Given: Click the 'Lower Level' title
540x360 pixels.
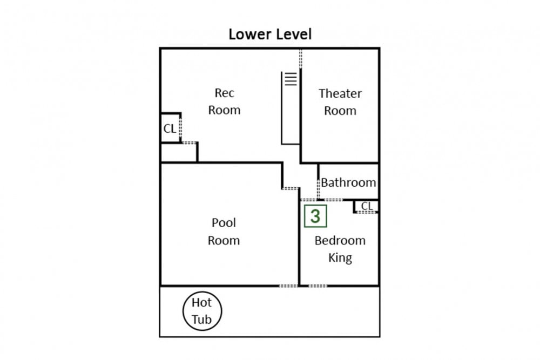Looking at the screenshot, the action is pyautogui.click(x=270, y=34).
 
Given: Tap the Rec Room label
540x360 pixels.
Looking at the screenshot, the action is pyautogui.click(x=224, y=101).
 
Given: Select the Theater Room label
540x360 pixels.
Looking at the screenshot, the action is pyautogui.click(x=340, y=102).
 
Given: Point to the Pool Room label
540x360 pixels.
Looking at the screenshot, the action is pyautogui.click(x=224, y=232).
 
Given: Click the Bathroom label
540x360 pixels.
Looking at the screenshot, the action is pyautogui.click(x=348, y=182).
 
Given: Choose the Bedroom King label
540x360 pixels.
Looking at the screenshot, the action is pyautogui.click(x=340, y=249).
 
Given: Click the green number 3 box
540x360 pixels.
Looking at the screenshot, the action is pyautogui.click(x=315, y=216).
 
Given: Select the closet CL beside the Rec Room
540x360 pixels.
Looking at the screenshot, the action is pyautogui.click(x=170, y=128).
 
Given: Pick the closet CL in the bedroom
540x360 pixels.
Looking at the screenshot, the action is pyautogui.click(x=367, y=206).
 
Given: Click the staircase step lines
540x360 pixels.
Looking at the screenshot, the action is pyautogui.click(x=291, y=79).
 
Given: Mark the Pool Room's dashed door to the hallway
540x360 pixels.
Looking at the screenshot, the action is pyautogui.click(x=291, y=188).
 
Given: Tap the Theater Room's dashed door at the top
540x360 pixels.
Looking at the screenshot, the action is pyautogui.click(x=301, y=58).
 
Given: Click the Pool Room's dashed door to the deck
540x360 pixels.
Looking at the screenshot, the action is pyautogui.click(x=288, y=286).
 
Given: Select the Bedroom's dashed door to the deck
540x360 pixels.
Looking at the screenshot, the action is pyautogui.click(x=318, y=286).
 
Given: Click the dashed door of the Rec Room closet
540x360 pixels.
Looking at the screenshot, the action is pyautogui.click(x=180, y=128).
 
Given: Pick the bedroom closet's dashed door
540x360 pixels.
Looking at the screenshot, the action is pyautogui.click(x=367, y=212).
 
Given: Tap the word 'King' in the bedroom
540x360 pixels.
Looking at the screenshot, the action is pyautogui.click(x=340, y=258).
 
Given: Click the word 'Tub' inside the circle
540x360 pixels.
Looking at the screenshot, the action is pyautogui.click(x=201, y=320).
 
